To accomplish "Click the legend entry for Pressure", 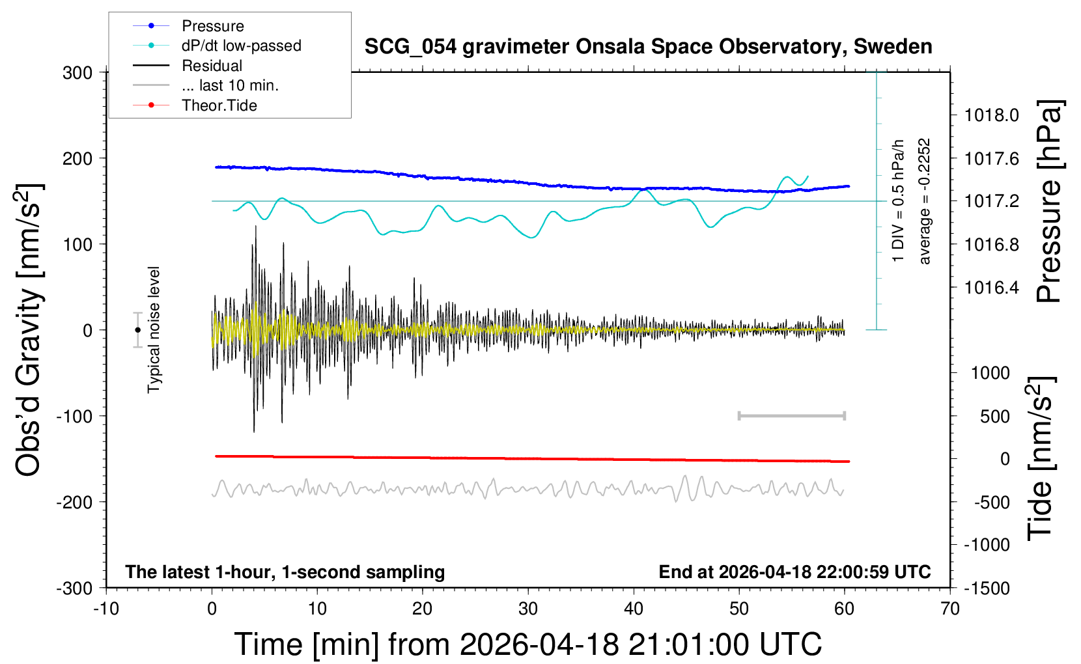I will pos(212,26).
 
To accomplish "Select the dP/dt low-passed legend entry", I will pos(241,46).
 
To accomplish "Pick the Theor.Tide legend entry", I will pos(219,105).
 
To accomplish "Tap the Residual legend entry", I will pos(212,66).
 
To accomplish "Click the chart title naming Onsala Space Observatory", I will pos(648,47).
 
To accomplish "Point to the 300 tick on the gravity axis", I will pos(77,73).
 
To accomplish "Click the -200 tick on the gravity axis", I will pos(74,502).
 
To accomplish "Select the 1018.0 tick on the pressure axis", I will pos(991,115).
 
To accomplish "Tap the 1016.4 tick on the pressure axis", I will pos(991,287).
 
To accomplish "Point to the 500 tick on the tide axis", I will pos(995,416).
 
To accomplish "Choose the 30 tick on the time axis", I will pos(528,609).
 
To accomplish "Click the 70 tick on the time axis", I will pos(950,609).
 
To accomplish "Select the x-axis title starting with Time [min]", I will pos(527,644).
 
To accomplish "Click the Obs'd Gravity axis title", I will pos(29,330).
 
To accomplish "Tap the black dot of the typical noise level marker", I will pos(137,330).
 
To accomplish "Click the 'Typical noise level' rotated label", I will pos(154,330).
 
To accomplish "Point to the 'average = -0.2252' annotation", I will pos(924,201).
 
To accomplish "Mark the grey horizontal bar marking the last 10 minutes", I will pos(791,415).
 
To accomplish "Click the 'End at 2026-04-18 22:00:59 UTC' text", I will pos(794,572).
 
